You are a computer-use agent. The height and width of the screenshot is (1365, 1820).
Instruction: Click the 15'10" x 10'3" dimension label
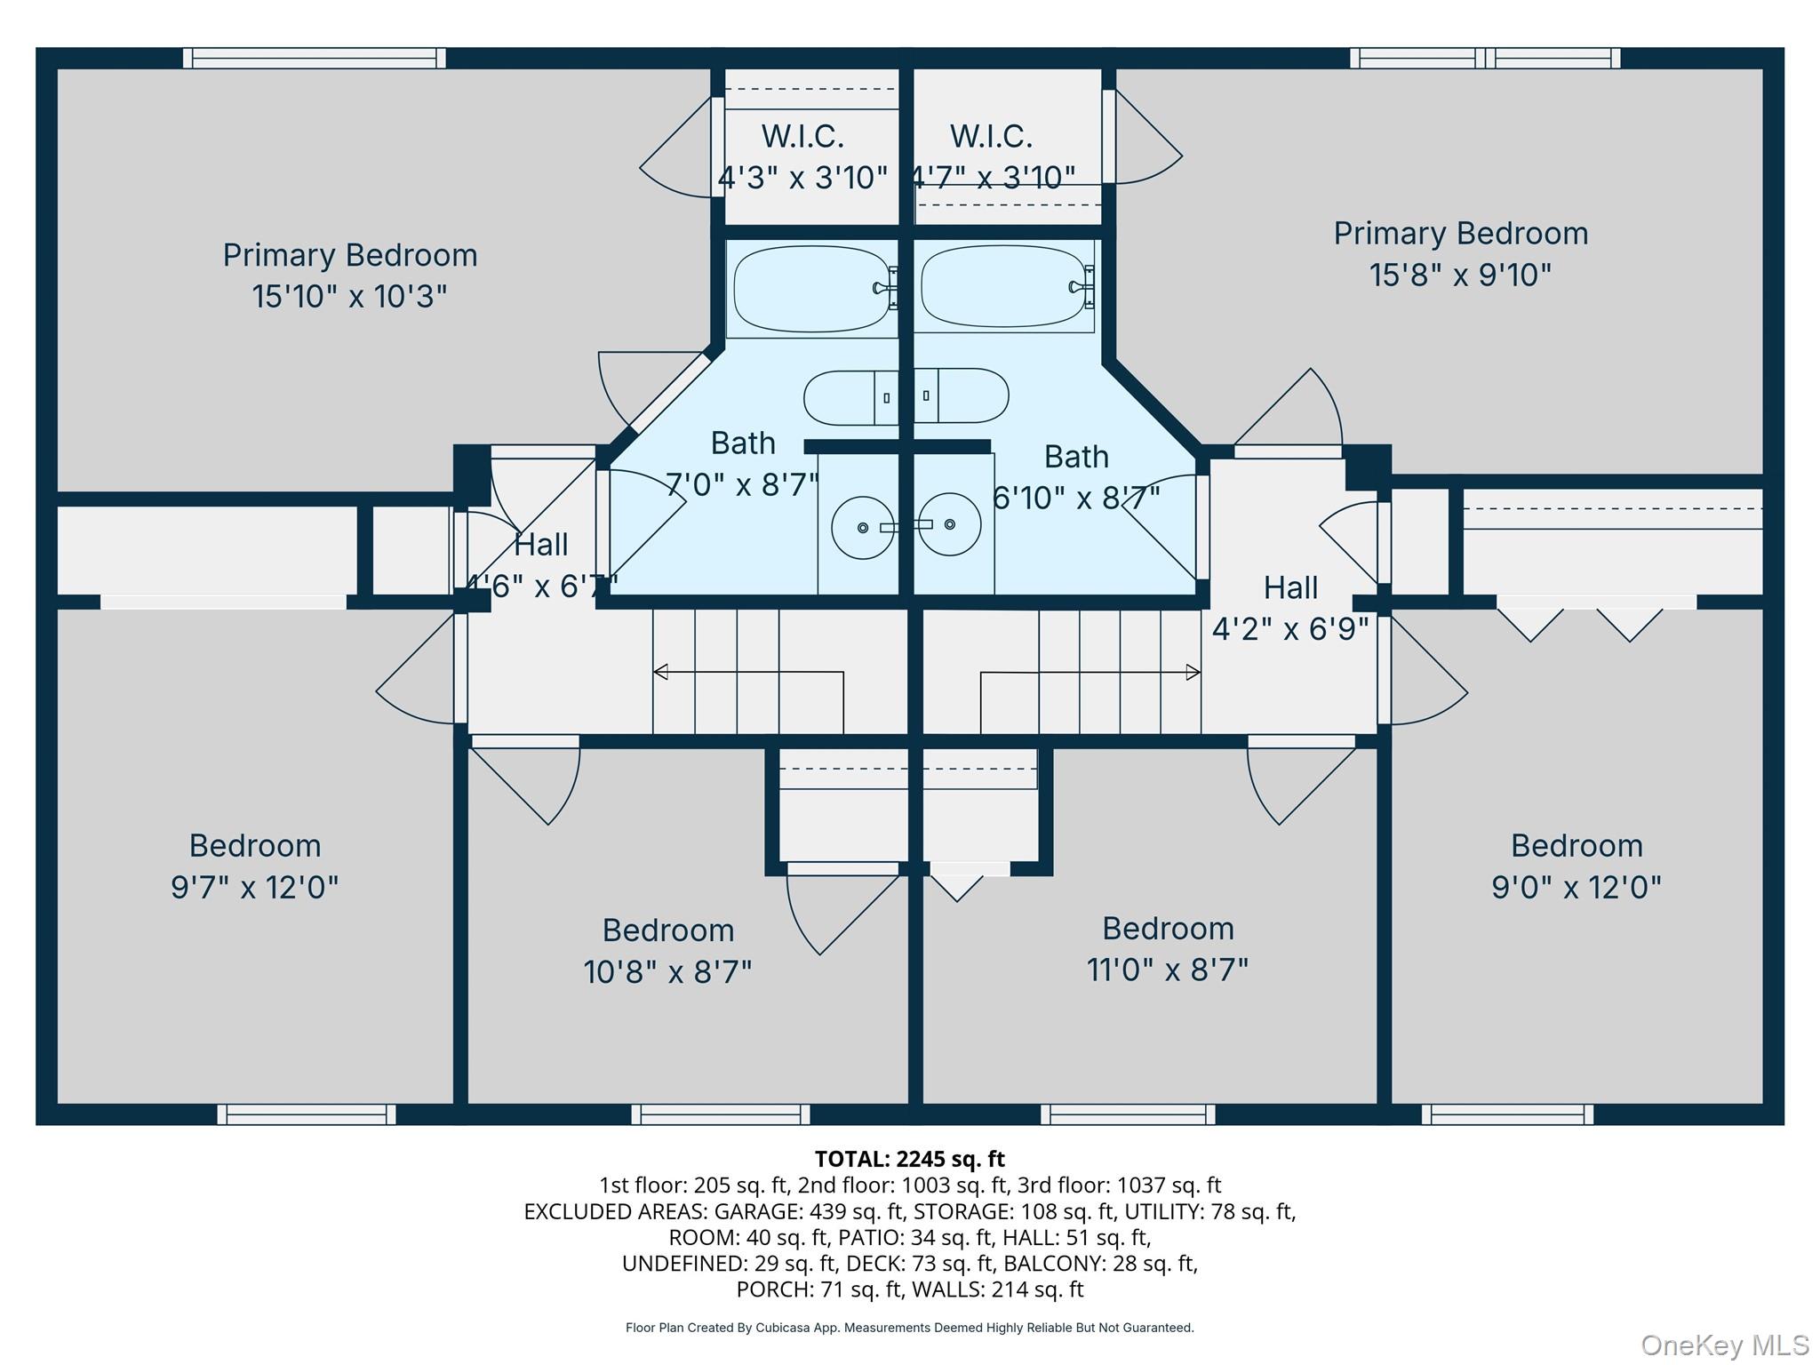(349, 296)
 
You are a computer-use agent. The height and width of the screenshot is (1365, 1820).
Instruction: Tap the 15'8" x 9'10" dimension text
(1460, 275)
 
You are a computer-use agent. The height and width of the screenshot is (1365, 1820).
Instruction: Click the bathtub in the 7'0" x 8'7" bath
(812, 289)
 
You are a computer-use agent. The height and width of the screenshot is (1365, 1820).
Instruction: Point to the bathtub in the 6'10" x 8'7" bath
(1007, 287)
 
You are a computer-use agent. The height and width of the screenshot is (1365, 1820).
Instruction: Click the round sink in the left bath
(863, 528)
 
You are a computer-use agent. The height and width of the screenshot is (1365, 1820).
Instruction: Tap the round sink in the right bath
(950, 524)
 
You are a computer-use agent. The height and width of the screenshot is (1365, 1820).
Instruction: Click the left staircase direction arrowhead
(660, 672)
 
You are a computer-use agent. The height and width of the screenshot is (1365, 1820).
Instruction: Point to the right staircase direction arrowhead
(1193, 673)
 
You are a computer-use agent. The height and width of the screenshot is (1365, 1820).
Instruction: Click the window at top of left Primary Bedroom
(315, 58)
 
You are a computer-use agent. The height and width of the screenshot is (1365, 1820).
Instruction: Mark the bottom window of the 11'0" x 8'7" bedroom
(1128, 1114)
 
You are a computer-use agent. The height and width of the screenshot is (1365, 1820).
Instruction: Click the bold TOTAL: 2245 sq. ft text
(910, 1159)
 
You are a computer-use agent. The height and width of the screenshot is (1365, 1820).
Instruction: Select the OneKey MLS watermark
(1725, 1345)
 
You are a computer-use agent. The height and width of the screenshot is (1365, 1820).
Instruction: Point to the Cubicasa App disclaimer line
(910, 1328)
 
